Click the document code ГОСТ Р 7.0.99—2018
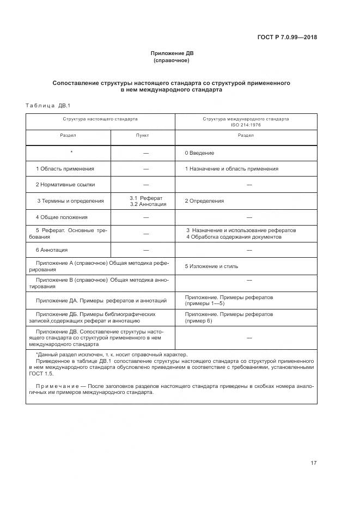pyautogui.click(x=287, y=38)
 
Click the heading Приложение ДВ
pyautogui.click(x=172, y=53)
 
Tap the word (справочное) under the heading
pyautogui.click(x=172, y=60)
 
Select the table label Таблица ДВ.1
pyautogui.click(x=48, y=105)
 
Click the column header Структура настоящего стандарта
pyautogui.click(x=100, y=118)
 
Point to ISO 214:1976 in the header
pyautogui.click(x=246, y=124)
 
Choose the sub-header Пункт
pyautogui.click(x=142, y=135)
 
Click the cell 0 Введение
pyautogui.click(x=199, y=153)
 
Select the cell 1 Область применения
pyautogui.click(x=65, y=169)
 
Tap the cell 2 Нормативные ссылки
pyautogui.click(x=65, y=185)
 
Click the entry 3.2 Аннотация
pyautogui.click(x=148, y=204)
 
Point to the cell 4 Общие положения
pyautogui.click(x=62, y=217)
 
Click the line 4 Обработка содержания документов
pyautogui.click(x=234, y=237)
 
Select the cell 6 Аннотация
pyautogui.click(x=52, y=250)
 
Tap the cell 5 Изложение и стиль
pyautogui.click(x=211, y=266)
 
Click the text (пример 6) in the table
pyautogui.click(x=199, y=321)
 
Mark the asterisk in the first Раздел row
pyautogui.click(x=71, y=152)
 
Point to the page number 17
pyautogui.click(x=313, y=463)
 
